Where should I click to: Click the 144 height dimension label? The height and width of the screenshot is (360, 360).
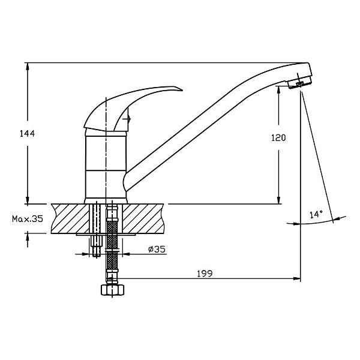coord(27,134)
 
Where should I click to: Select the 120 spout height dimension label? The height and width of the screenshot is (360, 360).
coord(278,138)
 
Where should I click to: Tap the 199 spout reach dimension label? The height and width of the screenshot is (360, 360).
coord(205,274)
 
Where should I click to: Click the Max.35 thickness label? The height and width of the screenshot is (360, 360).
coord(28,219)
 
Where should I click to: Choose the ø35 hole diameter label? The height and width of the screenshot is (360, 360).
coord(157,249)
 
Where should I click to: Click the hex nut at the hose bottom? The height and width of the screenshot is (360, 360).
coord(113,290)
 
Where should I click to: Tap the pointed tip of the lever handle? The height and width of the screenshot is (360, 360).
coord(182,90)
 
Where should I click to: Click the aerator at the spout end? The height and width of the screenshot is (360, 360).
coord(299,82)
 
